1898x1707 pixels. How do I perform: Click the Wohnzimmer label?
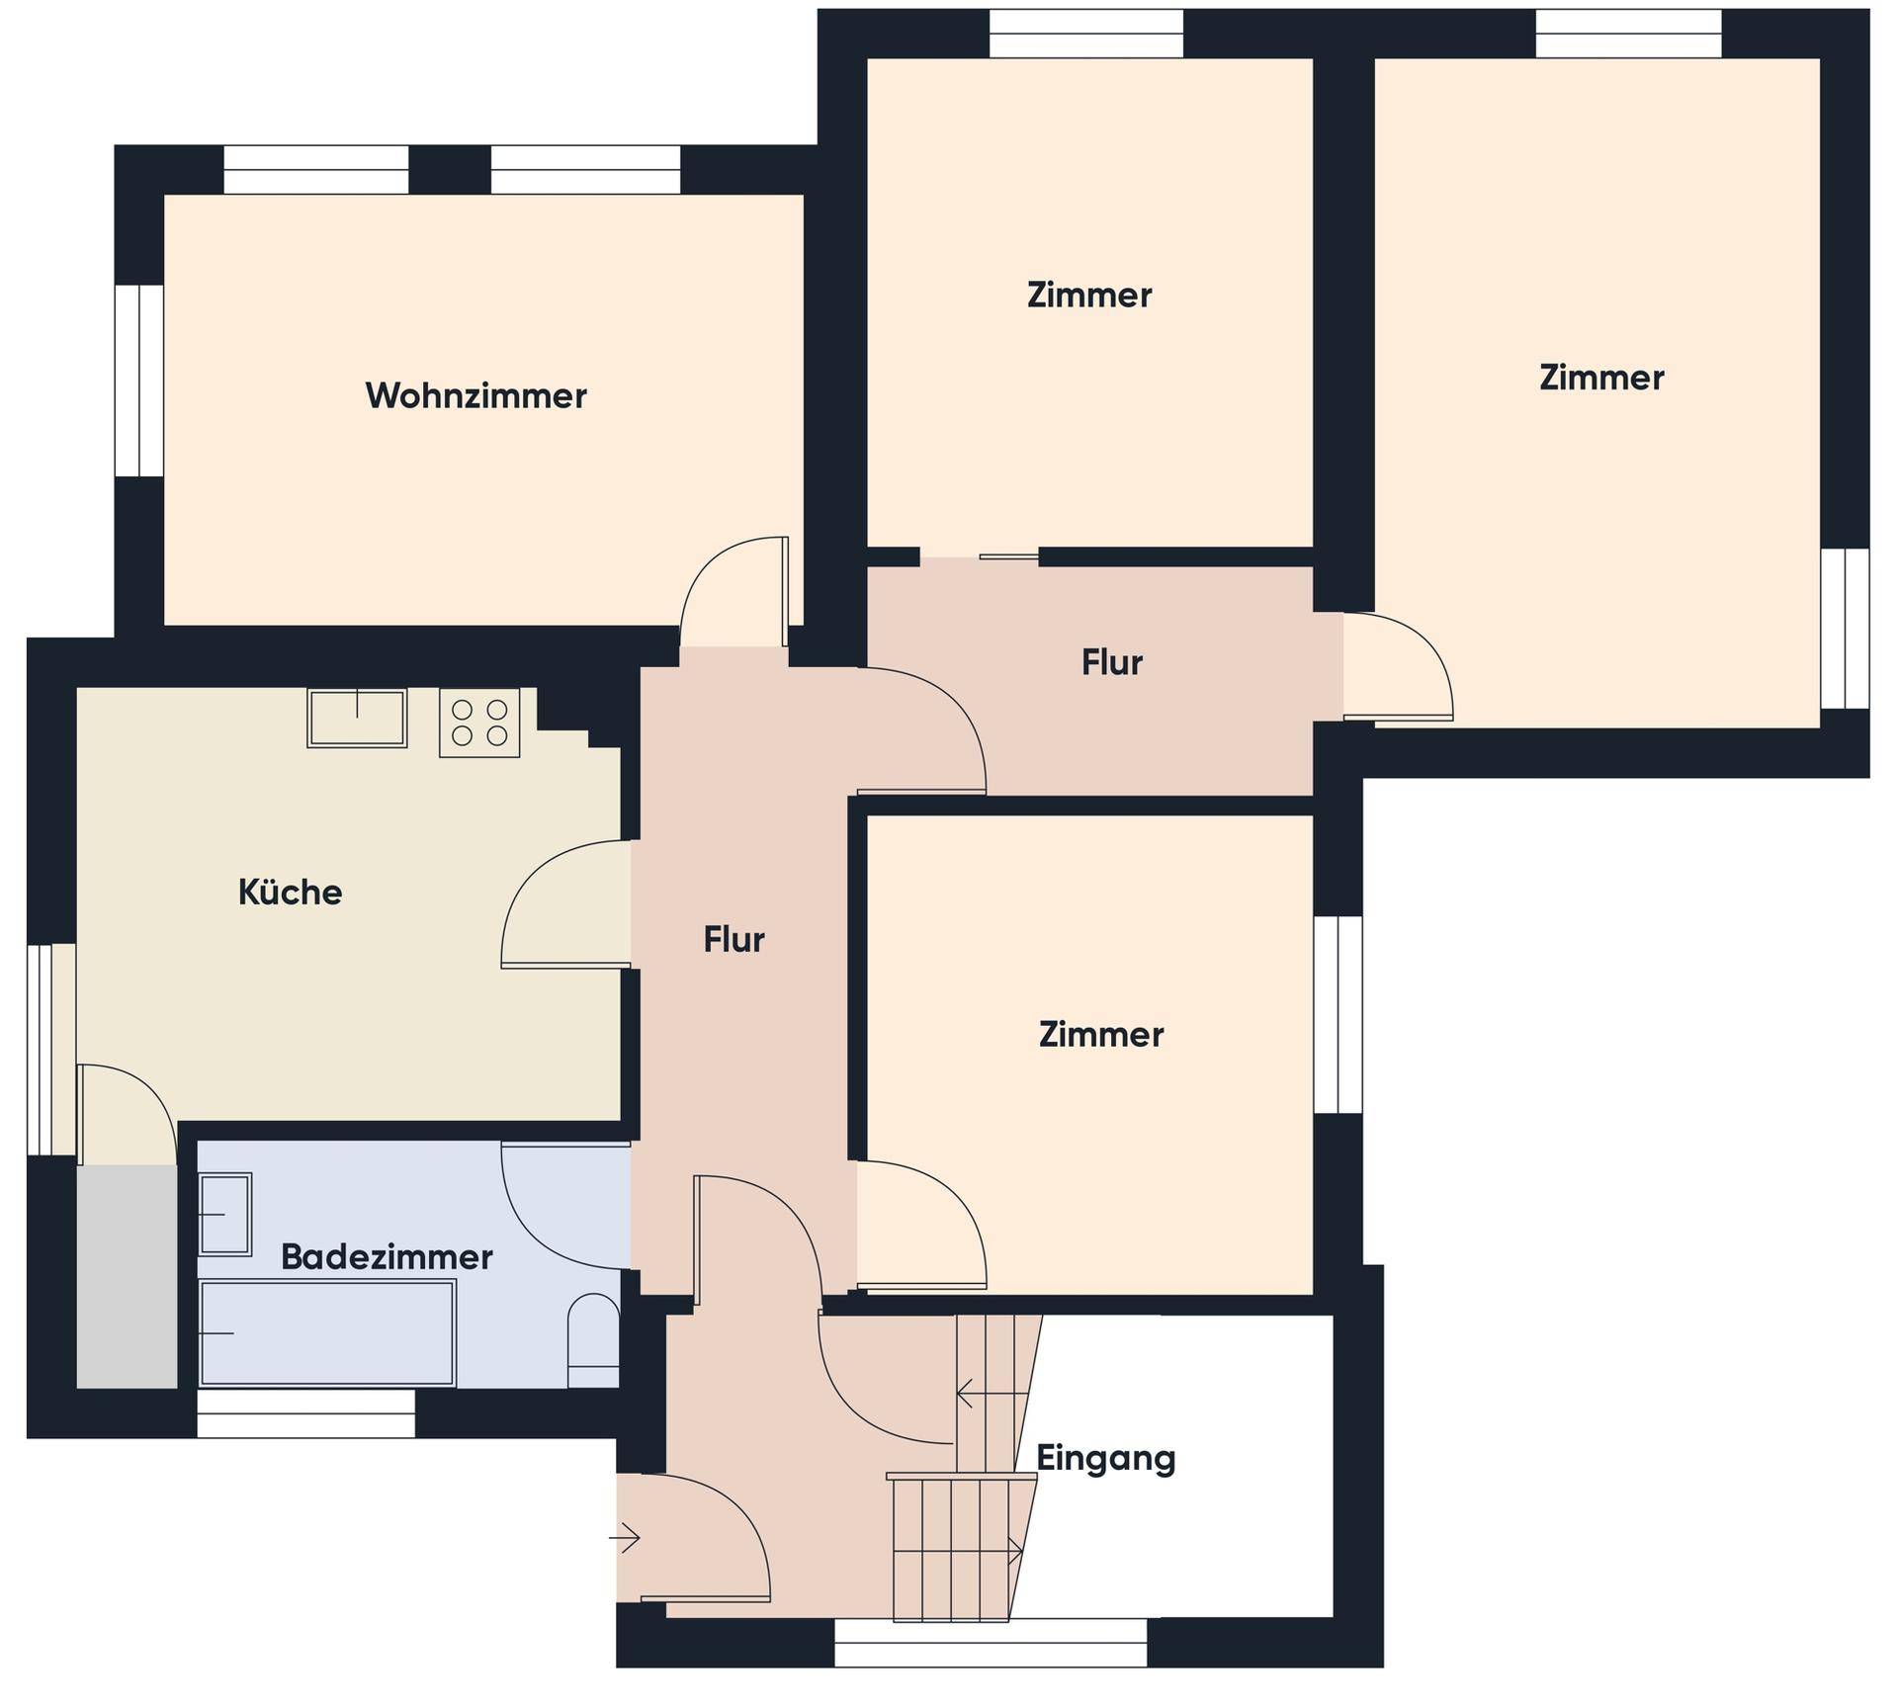[x=475, y=396]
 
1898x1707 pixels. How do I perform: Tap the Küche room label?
[x=290, y=893]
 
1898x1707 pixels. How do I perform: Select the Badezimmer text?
[x=387, y=1257]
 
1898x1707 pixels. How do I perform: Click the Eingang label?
[x=1106, y=1459]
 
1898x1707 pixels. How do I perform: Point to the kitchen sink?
[x=357, y=719]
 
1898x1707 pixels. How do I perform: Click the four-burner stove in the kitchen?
[x=479, y=724]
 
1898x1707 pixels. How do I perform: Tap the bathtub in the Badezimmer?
[x=327, y=1332]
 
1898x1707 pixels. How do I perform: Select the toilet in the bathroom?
[x=593, y=1340]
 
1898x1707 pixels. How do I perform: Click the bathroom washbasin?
[x=225, y=1215]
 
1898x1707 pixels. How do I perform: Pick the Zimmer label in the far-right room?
[x=1601, y=378]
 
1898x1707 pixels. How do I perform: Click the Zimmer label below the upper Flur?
[x=1100, y=1035]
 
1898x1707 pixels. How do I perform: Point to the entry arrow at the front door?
[x=625, y=1538]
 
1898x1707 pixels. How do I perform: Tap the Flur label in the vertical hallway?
[x=733, y=940]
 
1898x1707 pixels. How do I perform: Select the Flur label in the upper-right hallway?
[x=1112, y=663]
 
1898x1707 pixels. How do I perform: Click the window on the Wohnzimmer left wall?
[x=139, y=382]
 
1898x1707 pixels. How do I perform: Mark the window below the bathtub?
[x=306, y=1413]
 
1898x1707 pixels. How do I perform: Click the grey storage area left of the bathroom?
[x=127, y=1277]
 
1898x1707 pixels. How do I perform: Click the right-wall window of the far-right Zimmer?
[x=1845, y=629]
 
